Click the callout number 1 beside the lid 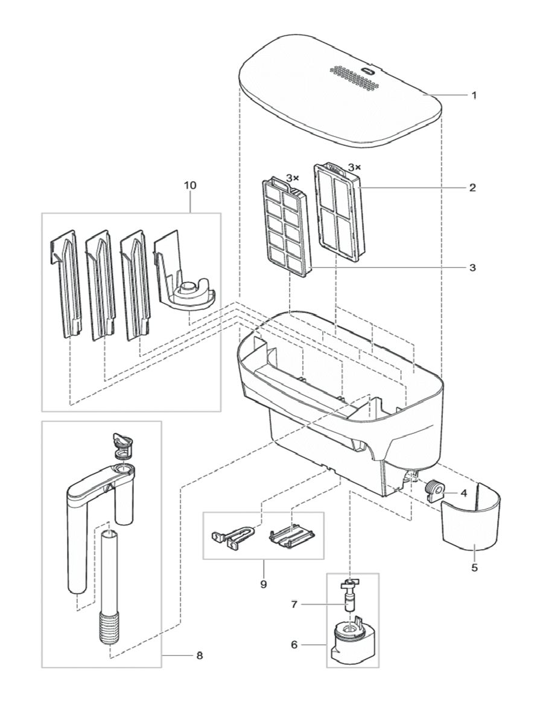click(474, 95)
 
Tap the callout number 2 click(474, 188)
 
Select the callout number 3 click(474, 267)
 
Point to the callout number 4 click(463, 492)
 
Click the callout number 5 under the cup click(474, 568)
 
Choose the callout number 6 click(294, 644)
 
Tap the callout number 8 click(200, 655)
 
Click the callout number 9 click(262, 584)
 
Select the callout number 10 click(190, 185)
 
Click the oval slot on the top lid click(367, 71)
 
